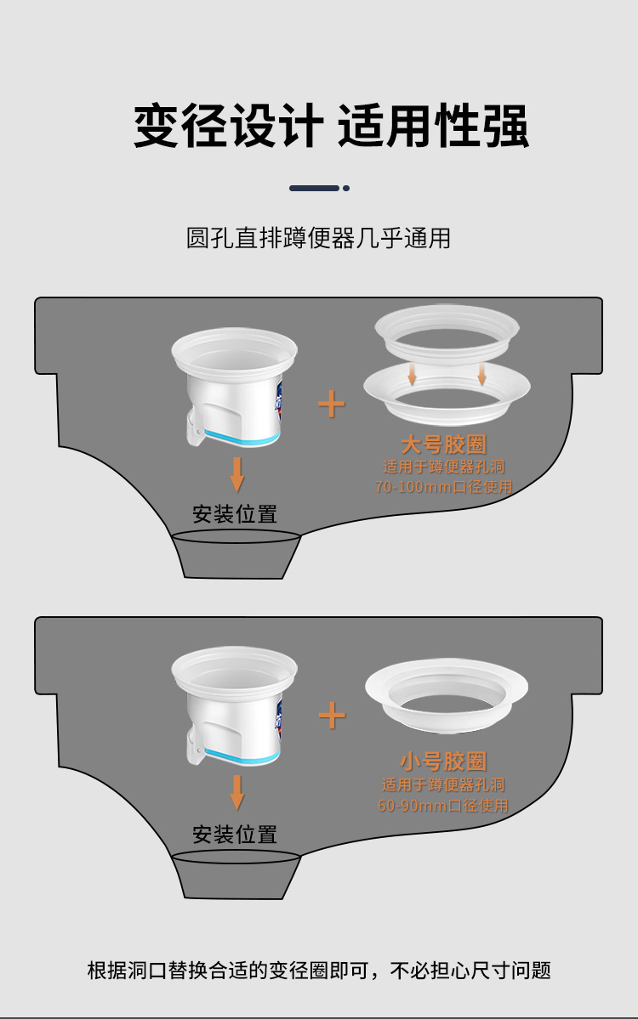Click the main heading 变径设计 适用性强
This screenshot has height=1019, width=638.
pos(331,126)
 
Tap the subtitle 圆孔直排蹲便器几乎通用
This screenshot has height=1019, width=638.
pos(319,238)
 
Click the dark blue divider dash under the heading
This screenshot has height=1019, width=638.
pos(314,188)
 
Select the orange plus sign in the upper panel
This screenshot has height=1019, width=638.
pos(331,405)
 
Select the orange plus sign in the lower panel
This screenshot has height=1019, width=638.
pos(332,716)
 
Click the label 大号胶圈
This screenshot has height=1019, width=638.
pos(443,444)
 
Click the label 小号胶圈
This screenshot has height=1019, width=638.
pos(443,761)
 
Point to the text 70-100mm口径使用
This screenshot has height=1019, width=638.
pos(443,486)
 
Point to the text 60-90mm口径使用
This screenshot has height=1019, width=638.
pos(443,805)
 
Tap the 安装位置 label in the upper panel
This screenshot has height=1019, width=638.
pos(235,514)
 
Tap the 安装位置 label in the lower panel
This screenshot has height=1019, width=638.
pos(235,834)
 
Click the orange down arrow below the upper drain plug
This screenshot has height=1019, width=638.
pos(237,474)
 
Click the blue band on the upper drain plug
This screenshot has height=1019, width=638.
pos(242,440)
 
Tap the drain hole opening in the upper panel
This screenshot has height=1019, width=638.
pos(236,536)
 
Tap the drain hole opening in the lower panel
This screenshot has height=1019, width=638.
pos(236,857)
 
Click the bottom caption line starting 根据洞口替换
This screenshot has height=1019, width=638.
pos(319,971)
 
